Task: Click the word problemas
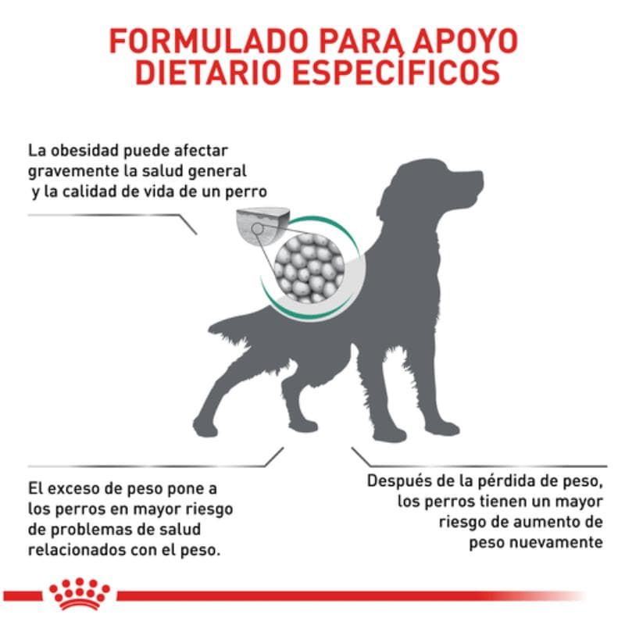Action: point(88,530)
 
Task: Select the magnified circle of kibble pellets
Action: point(308,266)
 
